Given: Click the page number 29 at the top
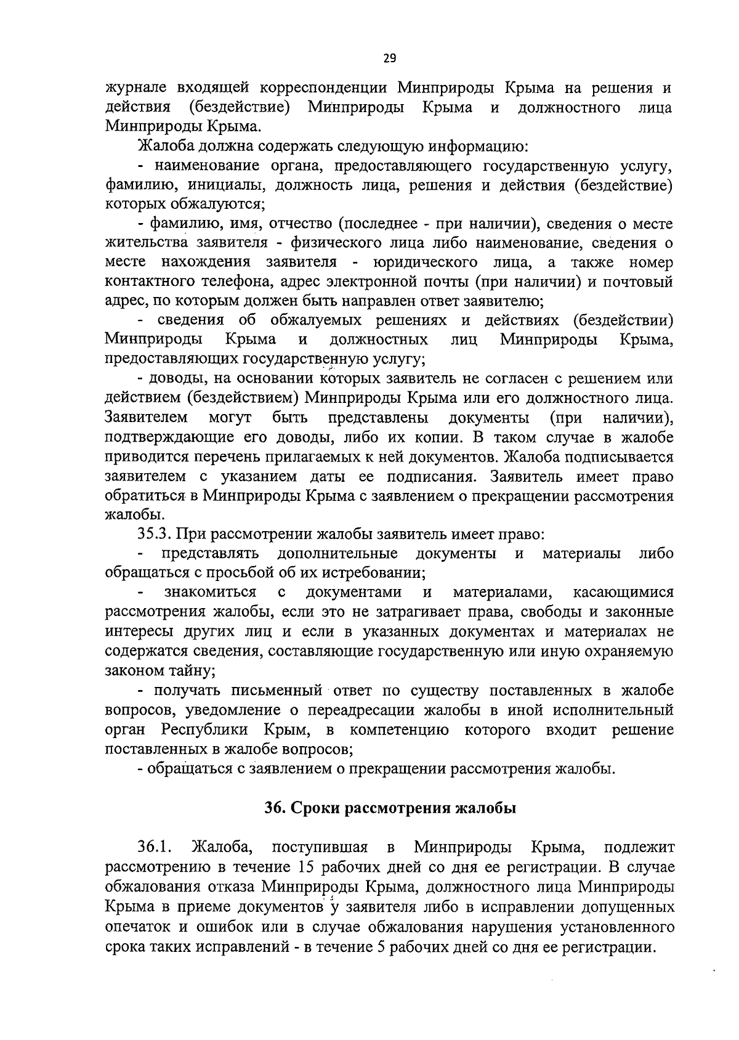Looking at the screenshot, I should [389, 59].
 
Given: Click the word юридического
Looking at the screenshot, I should [425, 262].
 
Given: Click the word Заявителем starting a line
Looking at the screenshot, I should [147, 418].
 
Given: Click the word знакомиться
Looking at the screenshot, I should [210, 593].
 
